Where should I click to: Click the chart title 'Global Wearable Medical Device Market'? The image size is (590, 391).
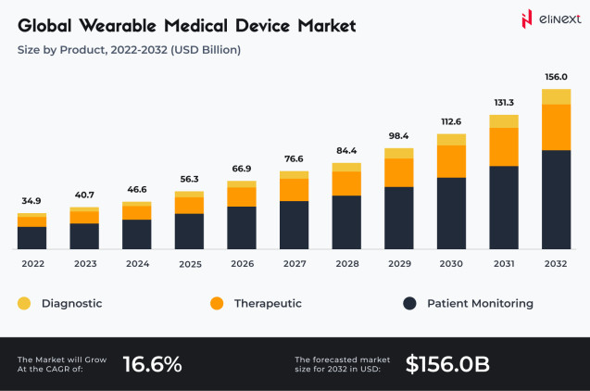pyautogui.click(x=186, y=25)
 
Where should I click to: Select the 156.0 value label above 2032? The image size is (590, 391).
pyautogui.click(x=556, y=78)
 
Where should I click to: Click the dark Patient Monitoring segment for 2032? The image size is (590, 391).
pyautogui.click(x=556, y=199)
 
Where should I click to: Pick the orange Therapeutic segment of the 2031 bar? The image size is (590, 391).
pyautogui.click(x=504, y=146)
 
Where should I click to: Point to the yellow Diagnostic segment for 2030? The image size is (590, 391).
pyautogui.click(x=451, y=139)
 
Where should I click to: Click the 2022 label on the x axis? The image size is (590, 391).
pyautogui.click(x=31, y=263)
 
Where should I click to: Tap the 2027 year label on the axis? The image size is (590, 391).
pyautogui.click(x=294, y=263)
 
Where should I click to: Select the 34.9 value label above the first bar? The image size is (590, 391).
pyautogui.click(x=31, y=201)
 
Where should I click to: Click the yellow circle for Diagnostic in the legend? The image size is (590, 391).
pyautogui.click(x=24, y=303)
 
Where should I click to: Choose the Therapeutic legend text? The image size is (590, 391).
pyautogui.click(x=268, y=303)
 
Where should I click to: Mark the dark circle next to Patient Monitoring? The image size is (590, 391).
pyautogui.click(x=408, y=303)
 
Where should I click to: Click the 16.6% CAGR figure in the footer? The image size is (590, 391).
pyautogui.click(x=153, y=364)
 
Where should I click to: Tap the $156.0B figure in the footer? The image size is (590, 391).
pyautogui.click(x=447, y=364)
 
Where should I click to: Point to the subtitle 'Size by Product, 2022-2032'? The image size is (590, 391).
pyautogui.click(x=129, y=49)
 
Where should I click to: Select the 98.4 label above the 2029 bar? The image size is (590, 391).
pyautogui.click(x=398, y=136)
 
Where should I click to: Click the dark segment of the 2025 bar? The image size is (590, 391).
pyautogui.click(x=189, y=231)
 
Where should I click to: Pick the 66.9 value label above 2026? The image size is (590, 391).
pyautogui.click(x=241, y=169)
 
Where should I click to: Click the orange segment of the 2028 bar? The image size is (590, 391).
pyautogui.click(x=346, y=183)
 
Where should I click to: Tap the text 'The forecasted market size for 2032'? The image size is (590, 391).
pyautogui.click(x=342, y=364)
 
